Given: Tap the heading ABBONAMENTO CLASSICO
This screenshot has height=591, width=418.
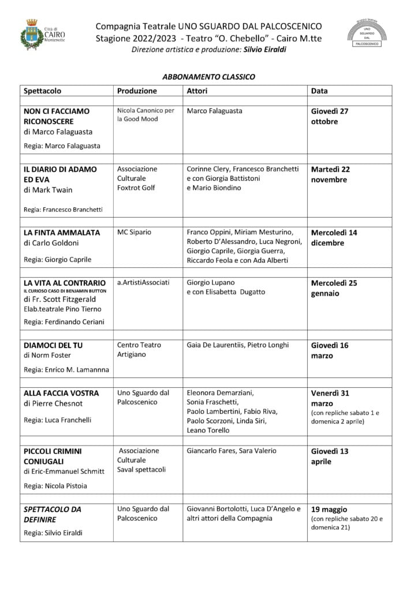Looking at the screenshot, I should [x=208, y=77].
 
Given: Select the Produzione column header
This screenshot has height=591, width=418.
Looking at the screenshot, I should [x=137, y=91].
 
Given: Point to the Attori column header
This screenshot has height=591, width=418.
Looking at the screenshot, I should [x=197, y=91].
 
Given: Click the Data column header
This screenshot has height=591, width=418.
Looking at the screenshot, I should [x=319, y=91].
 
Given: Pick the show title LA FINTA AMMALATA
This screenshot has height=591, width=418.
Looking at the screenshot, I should [x=62, y=233].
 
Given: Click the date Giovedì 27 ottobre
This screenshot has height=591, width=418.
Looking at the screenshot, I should [x=330, y=116].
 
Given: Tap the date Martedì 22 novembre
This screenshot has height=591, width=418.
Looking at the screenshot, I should [x=330, y=174].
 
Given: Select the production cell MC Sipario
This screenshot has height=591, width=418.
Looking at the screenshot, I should [x=134, y=232].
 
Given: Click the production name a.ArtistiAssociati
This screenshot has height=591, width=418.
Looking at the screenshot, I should [x=143, y=282].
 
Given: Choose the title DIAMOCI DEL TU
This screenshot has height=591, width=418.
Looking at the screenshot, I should [x=53, y=345].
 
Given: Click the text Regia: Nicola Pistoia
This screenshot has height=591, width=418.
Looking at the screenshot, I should [x=55, y=486].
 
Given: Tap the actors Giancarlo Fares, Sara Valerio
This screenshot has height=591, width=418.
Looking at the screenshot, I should [x=232, y=451].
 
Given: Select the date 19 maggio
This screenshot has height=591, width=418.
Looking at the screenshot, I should [x=329, y=510].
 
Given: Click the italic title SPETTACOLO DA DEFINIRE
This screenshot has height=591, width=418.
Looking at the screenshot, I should [x=52, y=514].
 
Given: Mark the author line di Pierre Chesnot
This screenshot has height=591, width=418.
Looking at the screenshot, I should [x=53, y=403].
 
